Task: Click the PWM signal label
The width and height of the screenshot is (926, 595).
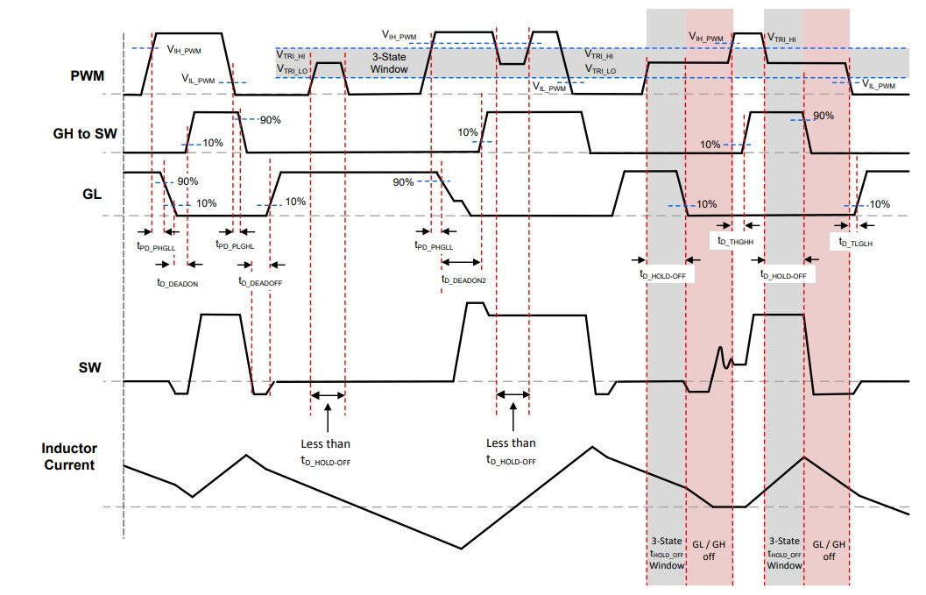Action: tap(87, 75)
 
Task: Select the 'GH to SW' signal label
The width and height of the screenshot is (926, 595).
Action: tap(85, 133)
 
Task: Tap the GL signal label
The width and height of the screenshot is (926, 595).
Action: tap(91, 194)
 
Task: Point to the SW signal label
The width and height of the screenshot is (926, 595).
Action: tap(89, 367)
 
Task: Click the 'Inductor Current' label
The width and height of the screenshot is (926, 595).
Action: tap(69, 457)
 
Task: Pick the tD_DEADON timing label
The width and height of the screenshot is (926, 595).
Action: tap(177, 283)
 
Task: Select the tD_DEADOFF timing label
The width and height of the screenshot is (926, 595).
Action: tap(260, 282)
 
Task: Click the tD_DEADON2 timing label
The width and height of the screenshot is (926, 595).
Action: tap(463, 280)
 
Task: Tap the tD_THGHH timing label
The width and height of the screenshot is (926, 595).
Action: tap(735, 240)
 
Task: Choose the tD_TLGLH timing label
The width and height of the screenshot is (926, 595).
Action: tap(856, 242)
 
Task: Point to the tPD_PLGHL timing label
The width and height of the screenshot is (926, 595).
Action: tap(235, 244)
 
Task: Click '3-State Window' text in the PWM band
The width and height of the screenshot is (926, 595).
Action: tap(389, 63)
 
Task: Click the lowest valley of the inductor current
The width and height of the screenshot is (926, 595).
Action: tap(461, 549)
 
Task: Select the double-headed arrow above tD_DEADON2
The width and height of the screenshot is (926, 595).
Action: tap(461, 262)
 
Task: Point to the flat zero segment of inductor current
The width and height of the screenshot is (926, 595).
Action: tap(730, 507)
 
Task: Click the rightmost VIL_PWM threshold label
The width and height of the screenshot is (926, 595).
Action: tap(879, 84)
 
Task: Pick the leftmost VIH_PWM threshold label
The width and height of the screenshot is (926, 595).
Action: tap(184, 50)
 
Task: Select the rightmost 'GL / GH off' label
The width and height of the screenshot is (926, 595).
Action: tap(829, 550)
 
